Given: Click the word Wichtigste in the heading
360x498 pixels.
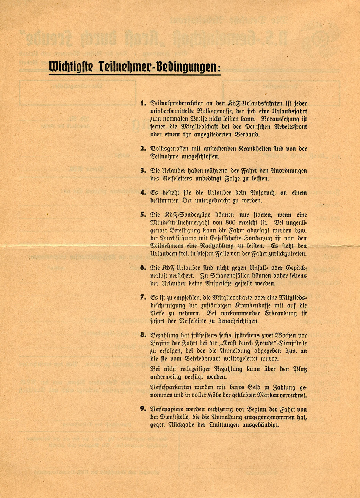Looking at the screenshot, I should click(x=71, y=67).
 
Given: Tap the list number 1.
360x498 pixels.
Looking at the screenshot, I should click(x=143, y=103).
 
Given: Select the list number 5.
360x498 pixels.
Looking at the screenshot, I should click(x=143, y=215).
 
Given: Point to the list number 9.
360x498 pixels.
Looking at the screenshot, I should click(x=143, y=409).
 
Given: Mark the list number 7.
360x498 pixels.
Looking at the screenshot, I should click(x=143, y=297).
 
